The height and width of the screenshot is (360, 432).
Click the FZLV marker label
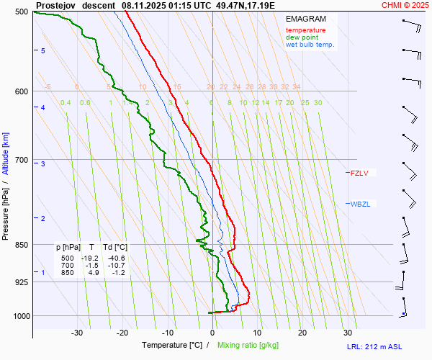click(x=359, y=173)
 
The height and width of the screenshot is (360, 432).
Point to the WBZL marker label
click(x=359, y=204)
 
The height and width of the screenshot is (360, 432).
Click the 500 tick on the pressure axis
click(x=21, y=12)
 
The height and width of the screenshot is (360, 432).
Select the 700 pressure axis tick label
click(x=21, y=160)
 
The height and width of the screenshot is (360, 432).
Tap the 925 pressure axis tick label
click(x=21, y=282)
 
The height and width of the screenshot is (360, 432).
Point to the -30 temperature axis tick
click(x=78, y=333)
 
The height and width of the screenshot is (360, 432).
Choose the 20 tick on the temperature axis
click(x=302, y=333)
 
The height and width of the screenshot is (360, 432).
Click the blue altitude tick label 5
click(x=43, y=50)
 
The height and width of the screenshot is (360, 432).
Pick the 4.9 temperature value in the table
click(x=94, y=273)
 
